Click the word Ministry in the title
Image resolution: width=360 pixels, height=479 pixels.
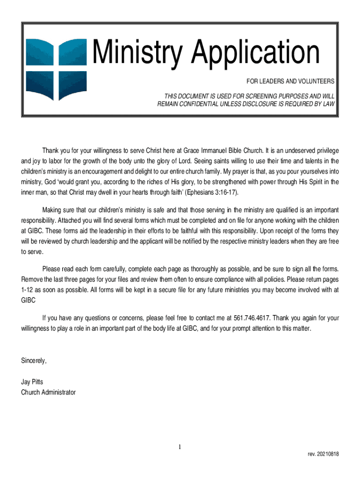coord(135,53)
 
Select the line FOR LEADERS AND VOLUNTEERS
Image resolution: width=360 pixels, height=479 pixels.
coord(290,81)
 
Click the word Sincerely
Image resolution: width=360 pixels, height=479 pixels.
coord(34,361)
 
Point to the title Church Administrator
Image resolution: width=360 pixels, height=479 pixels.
coord(48,392)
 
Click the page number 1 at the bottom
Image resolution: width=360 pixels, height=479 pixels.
coord(180,447)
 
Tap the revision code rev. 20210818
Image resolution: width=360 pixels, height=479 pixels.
coord(324,454)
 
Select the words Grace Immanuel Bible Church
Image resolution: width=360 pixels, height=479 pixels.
coord(222,151)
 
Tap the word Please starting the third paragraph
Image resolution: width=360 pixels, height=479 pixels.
coord(52,269)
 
